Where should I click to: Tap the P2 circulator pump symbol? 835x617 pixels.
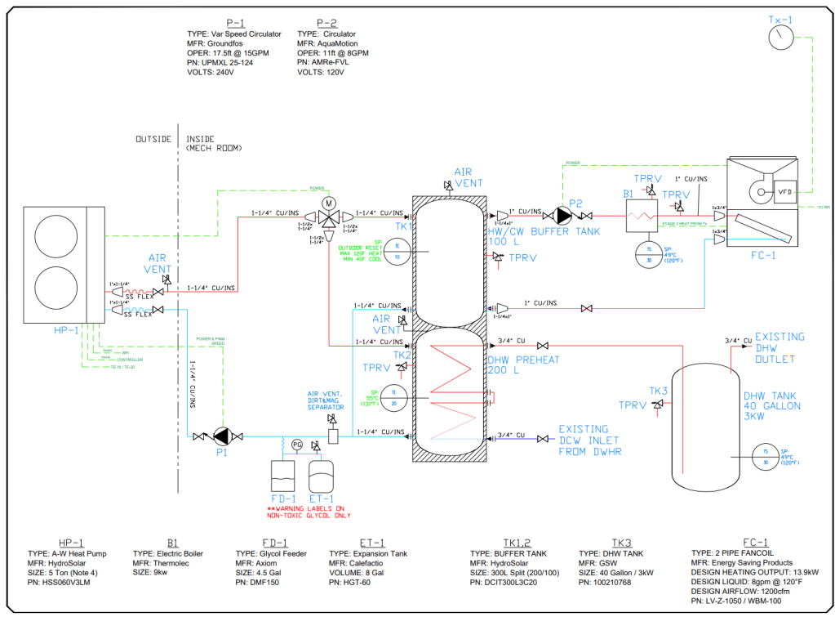point(562,215)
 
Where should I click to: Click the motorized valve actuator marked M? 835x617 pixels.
point(329,202)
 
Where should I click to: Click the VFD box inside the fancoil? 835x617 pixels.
point(786,192)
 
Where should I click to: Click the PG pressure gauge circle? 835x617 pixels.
point(297,445)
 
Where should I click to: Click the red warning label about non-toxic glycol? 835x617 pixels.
point(309,512)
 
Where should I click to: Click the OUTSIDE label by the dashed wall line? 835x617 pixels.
point(153,139)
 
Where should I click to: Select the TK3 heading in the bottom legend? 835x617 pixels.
point(621,543)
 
